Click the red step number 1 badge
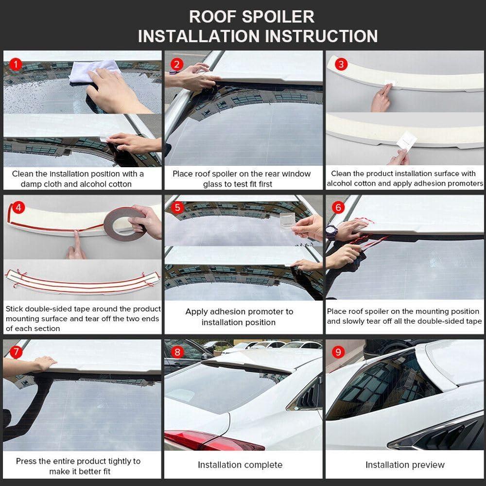coord(16,64)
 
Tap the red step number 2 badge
coord(177,64)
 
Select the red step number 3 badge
coord(342,64)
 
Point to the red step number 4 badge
coord(18,208)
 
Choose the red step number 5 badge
coord(177,208)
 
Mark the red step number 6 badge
coord(339,208)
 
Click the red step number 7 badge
coord(16,351)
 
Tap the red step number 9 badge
coord(339,351)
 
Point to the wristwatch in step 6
coord(331,231)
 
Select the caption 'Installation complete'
coord(240,465)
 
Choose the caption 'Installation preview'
coord(405,465)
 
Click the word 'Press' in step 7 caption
coord(26,461)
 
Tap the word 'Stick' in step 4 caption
coord(14,309)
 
